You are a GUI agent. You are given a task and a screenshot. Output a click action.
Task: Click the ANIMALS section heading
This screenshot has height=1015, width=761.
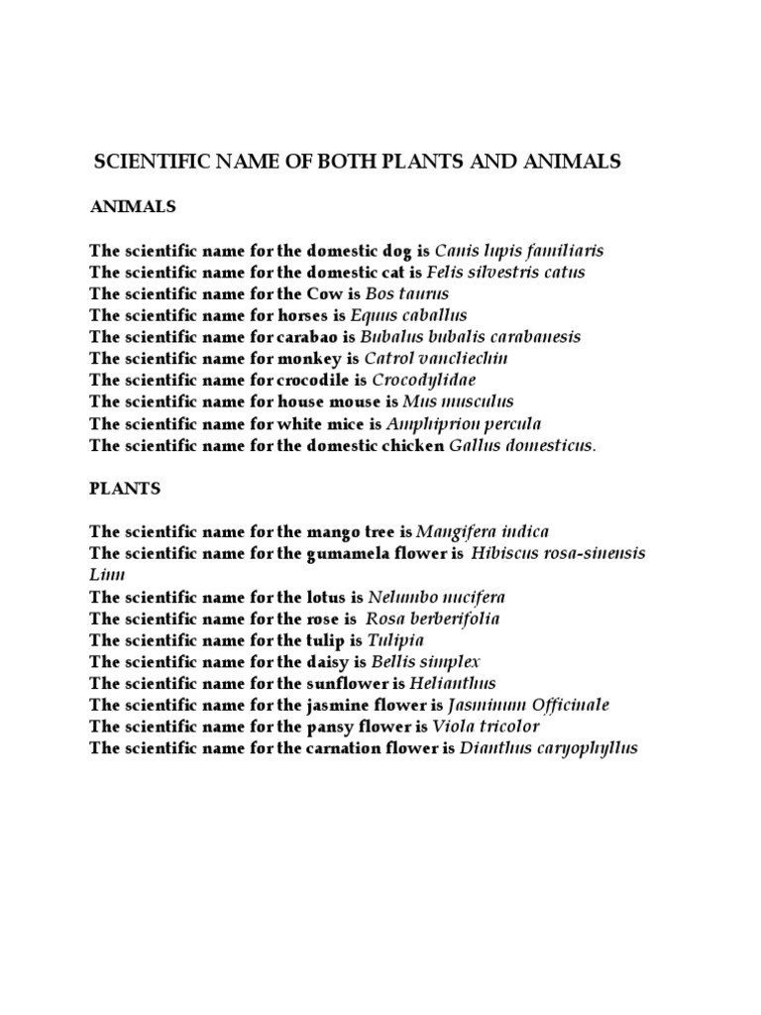133,207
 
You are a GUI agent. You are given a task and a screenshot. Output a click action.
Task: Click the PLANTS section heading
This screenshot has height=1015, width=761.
125,489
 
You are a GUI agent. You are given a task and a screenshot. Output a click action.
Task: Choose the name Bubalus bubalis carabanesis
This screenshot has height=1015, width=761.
471,337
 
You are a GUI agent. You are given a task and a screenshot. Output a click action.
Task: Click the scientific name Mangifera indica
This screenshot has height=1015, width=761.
483,532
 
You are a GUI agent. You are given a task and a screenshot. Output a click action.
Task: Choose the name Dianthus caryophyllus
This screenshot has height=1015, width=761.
549,748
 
